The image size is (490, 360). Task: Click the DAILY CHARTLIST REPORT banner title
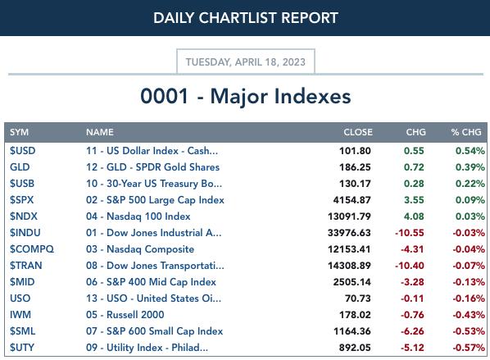point(246,18)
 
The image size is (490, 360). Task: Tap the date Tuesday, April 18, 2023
point(246,62)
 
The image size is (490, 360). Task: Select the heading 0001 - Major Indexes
point(246,96)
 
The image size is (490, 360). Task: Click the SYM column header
point(19,132)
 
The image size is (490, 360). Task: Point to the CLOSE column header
point(358,132)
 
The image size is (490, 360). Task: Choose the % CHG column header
point(466,132)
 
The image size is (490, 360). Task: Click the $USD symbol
point(22,151)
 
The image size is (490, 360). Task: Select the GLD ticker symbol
point(20,167)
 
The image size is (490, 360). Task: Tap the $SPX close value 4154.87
point(352,200)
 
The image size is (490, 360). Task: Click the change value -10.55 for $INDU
point(410,233)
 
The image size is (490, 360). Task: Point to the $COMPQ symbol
point(32,249)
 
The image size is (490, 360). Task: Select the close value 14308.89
point(349,266)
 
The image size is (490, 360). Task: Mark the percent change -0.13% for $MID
point(469,282)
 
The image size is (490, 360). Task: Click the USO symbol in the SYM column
point(20,298)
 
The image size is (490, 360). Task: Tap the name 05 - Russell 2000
point(125,315)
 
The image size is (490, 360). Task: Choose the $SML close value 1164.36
point(352,331)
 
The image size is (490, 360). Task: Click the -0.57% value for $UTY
point(469,348)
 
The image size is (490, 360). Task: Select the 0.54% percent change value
point(470,151)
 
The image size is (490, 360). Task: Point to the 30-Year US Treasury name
point(154,184)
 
